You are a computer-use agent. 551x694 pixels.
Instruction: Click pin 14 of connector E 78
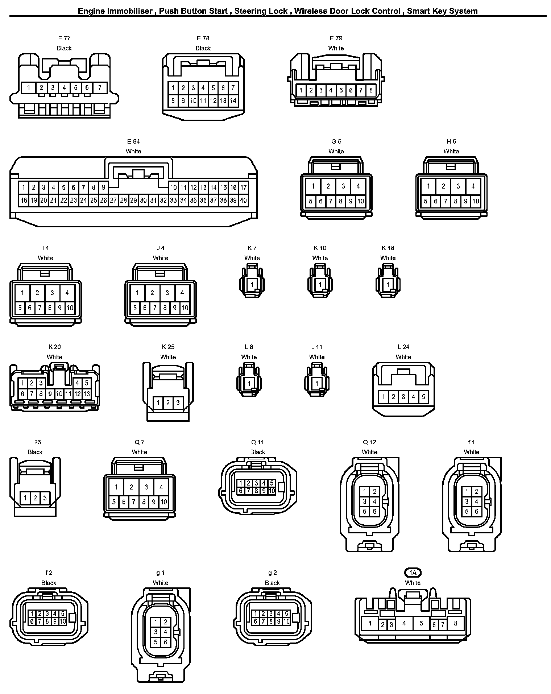click(233, 101)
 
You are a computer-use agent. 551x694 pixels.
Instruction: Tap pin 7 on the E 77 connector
click(100, 87)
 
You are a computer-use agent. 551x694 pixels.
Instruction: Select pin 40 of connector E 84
click(243, 200)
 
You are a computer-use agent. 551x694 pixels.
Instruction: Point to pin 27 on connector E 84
click(113, 200)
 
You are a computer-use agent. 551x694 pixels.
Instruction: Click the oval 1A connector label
click(413, 573)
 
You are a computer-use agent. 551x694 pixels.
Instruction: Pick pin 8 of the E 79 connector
click(371, 90)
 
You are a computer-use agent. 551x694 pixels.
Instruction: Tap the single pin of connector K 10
click(320, 284)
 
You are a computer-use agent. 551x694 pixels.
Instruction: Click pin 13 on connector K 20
click(87, 394)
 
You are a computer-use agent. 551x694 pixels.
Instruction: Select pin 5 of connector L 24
click(423, 397)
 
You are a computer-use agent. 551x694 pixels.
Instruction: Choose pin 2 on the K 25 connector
click(168, 403)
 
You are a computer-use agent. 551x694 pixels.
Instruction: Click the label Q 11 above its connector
click(258, 442)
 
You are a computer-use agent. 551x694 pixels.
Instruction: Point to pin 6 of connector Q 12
click(374, 512)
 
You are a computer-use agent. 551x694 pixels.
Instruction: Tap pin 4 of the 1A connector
click(404, 623)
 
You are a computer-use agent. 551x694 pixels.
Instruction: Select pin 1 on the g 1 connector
click(156, 622)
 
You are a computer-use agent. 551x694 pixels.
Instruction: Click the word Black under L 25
click(35, 452)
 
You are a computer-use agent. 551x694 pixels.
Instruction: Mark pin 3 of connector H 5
click(458, 186)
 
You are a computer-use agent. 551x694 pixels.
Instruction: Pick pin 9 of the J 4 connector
click(175, 308)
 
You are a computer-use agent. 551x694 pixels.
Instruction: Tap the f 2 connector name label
click(49, 573)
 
